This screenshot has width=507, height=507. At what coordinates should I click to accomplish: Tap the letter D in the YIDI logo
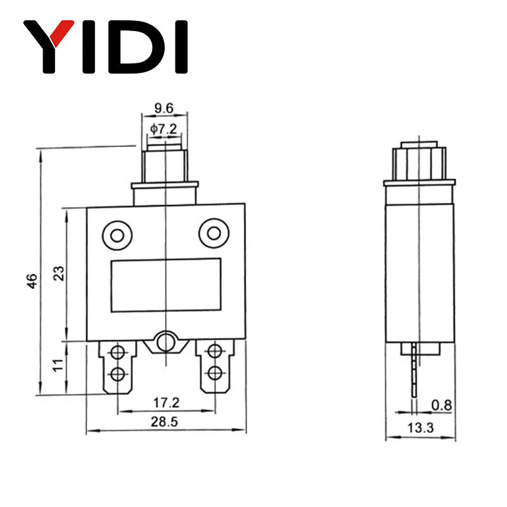[x=136, y=47]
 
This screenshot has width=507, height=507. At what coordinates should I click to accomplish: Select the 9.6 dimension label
[x=164, y=108]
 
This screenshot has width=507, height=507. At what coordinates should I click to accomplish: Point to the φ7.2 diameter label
[x=164, y=129]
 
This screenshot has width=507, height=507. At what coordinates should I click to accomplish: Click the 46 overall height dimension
[x=32, y=281]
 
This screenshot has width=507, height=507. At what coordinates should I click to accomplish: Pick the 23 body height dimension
[x=59, y=273]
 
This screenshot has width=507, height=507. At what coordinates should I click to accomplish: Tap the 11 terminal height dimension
[x=58, y=366]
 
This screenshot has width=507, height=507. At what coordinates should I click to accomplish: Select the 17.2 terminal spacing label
[x=166, y=403]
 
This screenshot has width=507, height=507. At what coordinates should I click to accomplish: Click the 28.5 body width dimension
[x=164, y=422]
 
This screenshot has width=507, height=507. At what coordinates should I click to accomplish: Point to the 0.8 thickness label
[x=441, y=405]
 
